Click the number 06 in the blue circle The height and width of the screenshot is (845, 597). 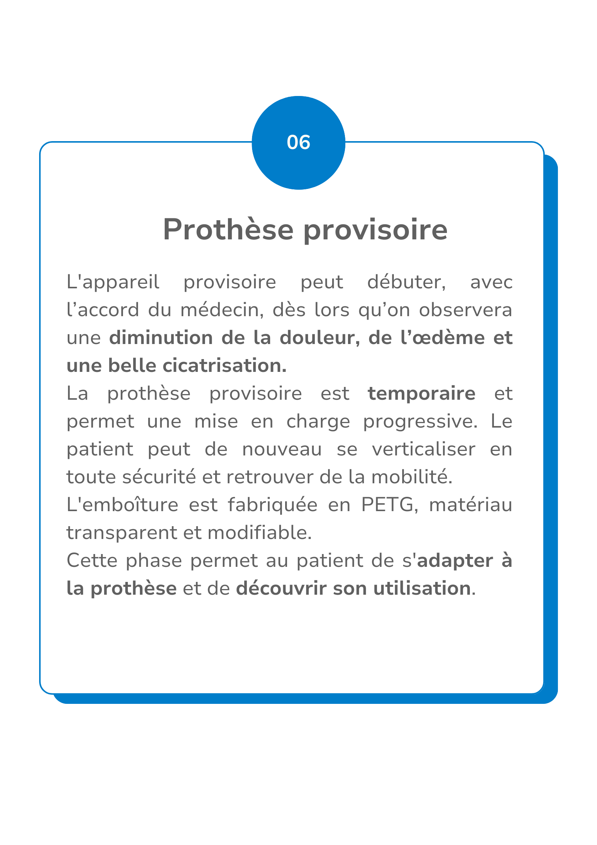coord(298,143)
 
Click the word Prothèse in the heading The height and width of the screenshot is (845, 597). coord(228,230)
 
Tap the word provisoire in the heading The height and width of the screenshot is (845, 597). coord(375,230)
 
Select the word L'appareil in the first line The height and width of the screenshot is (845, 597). coord(113,283)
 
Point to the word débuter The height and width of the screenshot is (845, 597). coord(406,282)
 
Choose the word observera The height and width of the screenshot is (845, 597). coord(465,310)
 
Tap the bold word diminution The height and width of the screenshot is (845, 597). coord(161,338)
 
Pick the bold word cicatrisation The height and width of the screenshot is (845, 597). coord(224,365)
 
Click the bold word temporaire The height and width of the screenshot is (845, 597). coord(421,393)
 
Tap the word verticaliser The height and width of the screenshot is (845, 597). coord(424,449)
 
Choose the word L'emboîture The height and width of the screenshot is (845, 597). coord(122,505)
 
